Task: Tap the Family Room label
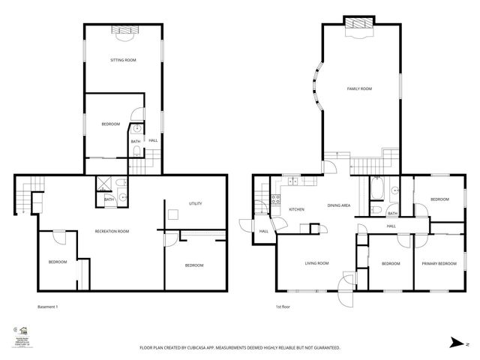point(359,88)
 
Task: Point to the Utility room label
point(196,204)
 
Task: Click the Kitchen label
point(296,209)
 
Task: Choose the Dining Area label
point(340,205)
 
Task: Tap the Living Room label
point(316,263)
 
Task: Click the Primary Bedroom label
point(439,263)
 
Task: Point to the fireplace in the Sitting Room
point(122,30)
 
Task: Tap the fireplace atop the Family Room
point(359,24)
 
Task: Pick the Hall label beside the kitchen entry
point(264,231)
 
